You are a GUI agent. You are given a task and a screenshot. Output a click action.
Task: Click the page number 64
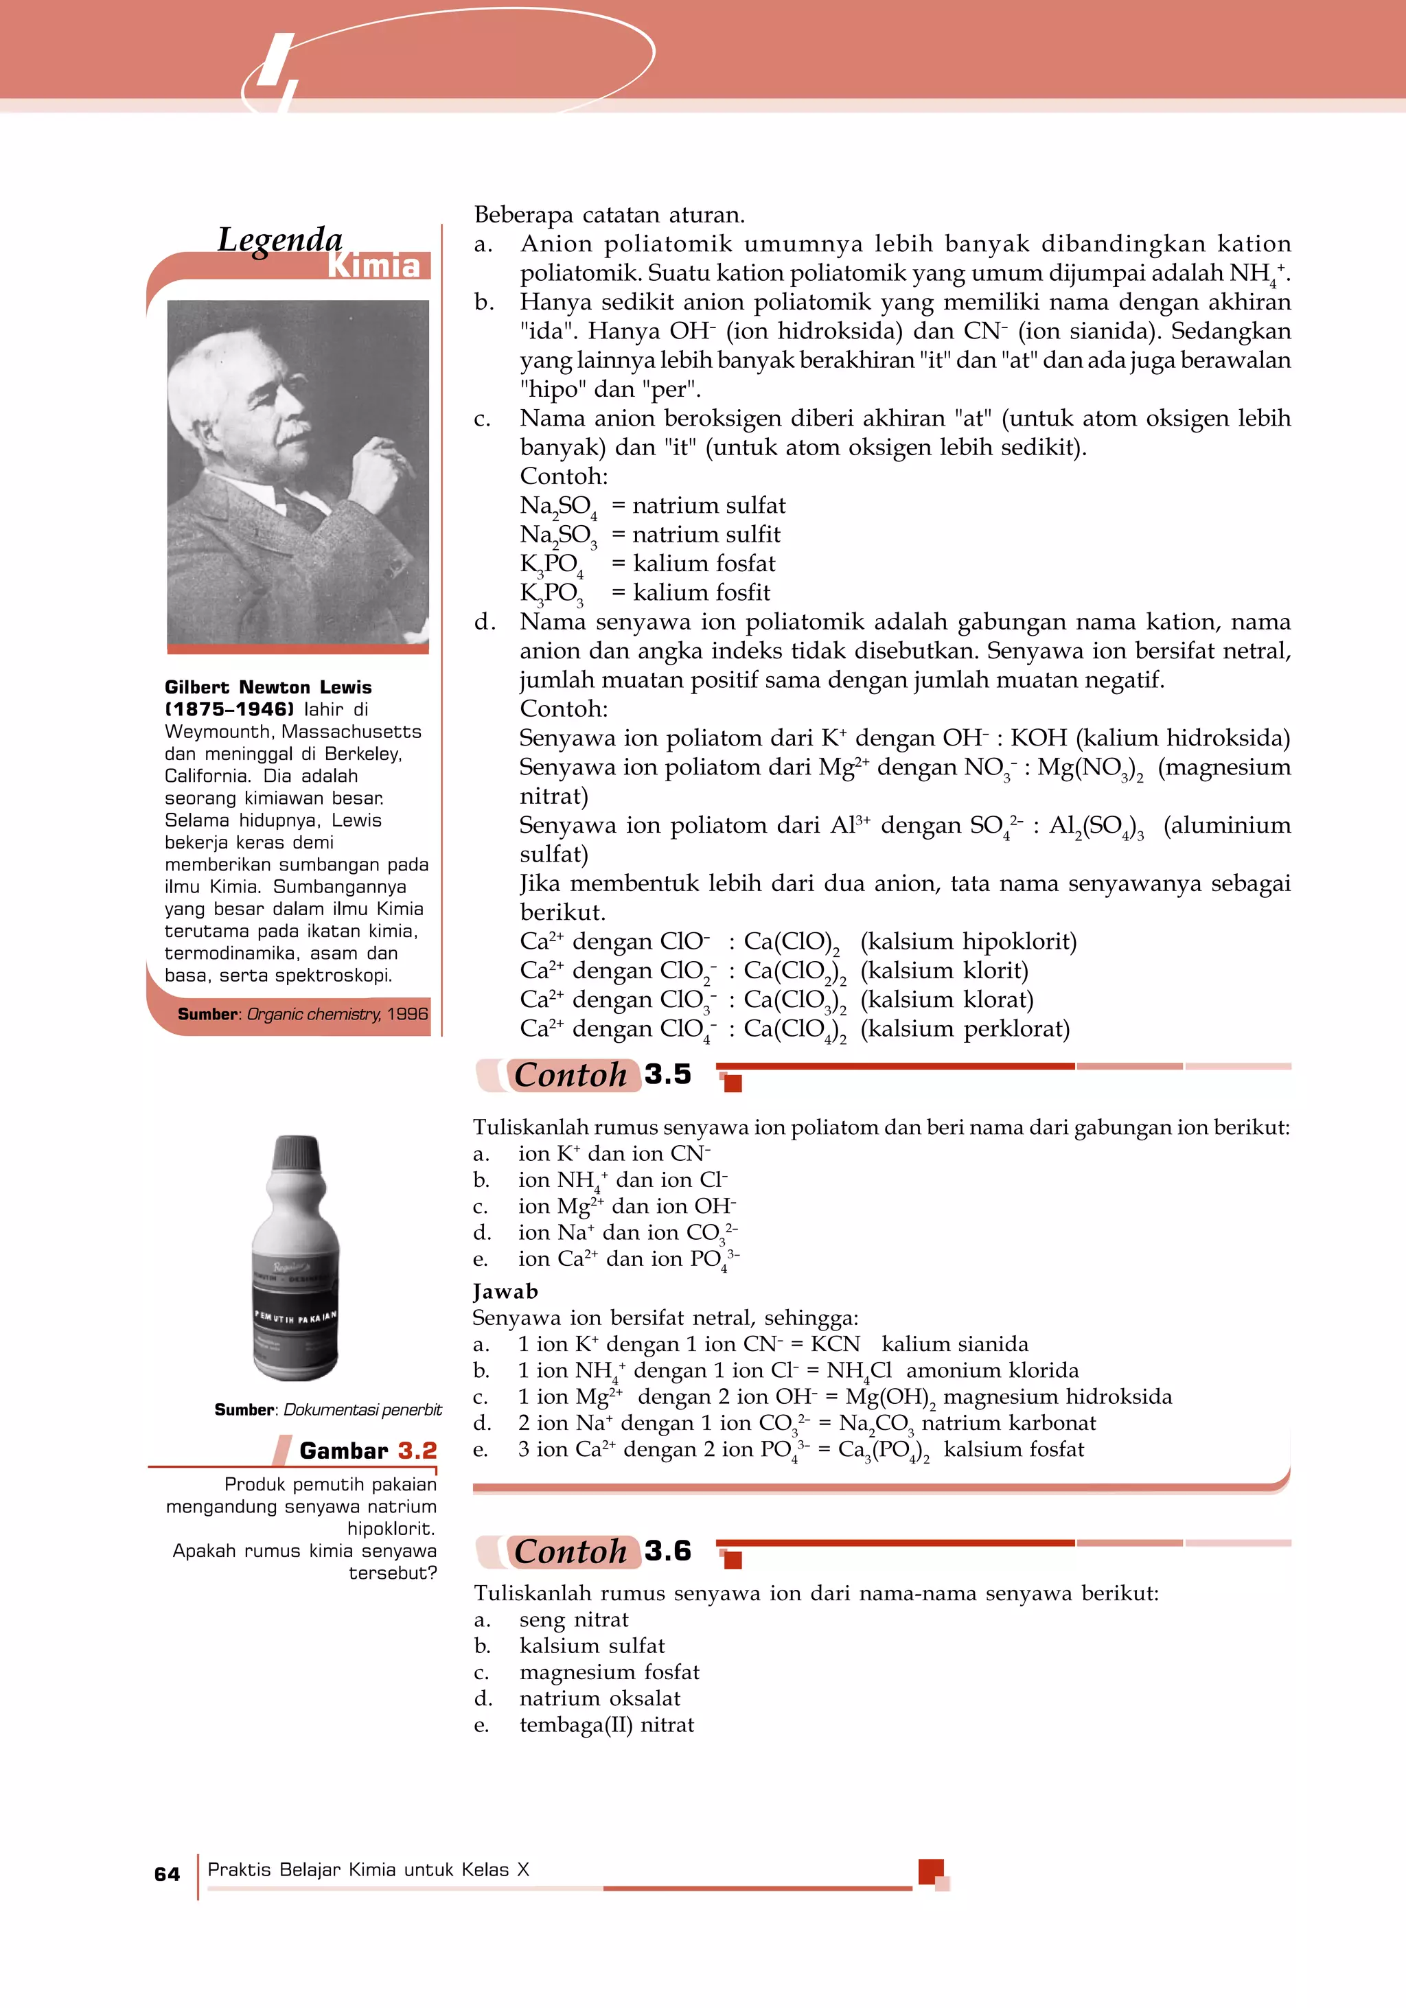coord(167,1873)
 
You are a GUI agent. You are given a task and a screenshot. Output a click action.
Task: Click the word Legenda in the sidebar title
coord(280,239)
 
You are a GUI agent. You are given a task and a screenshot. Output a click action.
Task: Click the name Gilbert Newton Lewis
coord(268,686)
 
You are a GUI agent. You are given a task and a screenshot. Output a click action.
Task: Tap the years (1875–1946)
coord(229,709)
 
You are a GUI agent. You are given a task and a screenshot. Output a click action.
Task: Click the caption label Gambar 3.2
coord(367,1451)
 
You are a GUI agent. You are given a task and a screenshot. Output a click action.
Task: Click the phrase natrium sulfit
coord(706,534)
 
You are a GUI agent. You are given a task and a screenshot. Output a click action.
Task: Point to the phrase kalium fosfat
coord(704,563)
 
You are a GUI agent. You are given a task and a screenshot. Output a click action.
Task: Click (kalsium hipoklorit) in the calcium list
coord(968,941)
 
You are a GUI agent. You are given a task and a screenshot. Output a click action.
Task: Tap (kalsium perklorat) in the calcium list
coord(965,1028)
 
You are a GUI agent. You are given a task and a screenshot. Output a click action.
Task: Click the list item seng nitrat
coord(574,1619)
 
